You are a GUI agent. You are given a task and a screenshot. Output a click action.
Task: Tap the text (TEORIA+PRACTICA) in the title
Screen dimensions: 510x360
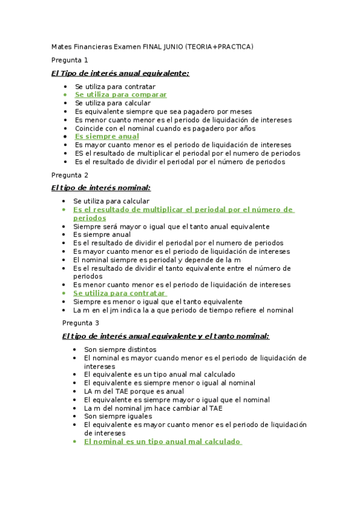click(x=219, y=47)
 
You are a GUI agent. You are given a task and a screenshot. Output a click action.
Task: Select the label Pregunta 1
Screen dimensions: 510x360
click(x=70, y=60)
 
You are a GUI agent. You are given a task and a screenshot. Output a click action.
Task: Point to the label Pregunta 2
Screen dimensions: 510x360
click(x=70, y=175)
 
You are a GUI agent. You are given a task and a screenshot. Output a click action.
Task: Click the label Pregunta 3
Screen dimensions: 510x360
click(x=81, y=323)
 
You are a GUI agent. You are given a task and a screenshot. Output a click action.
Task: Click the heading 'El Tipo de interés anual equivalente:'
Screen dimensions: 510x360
click(x=120, y=73)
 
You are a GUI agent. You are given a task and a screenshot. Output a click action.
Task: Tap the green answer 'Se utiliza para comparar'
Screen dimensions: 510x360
click(x=121, y=95)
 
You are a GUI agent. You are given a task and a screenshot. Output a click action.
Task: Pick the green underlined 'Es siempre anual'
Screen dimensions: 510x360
click(x=107, y=137)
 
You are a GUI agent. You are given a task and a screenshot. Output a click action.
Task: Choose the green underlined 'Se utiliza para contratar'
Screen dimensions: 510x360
click(x=119, y=293)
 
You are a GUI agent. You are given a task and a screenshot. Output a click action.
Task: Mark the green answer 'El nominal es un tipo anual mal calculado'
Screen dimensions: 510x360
click(x=162, y=441)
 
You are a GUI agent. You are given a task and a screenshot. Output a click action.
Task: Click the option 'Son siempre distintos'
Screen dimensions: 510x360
click(x=120, y=349)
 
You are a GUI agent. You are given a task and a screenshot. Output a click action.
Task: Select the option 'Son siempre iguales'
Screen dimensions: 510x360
click(x=118, y=416)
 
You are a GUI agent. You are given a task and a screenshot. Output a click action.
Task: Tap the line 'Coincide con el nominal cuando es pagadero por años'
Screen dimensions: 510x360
click(x=165, y=128)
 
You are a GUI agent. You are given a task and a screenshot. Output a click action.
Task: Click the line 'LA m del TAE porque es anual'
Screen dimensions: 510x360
click(x=134, y=391)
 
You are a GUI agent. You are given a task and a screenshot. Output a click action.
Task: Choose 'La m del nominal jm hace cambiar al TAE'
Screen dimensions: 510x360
click(x=153, y=408)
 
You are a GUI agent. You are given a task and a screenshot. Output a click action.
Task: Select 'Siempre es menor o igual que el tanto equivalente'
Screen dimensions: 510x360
click(x=157, y=301)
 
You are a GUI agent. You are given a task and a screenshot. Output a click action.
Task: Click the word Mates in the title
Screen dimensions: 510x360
click(x=61, y=47)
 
